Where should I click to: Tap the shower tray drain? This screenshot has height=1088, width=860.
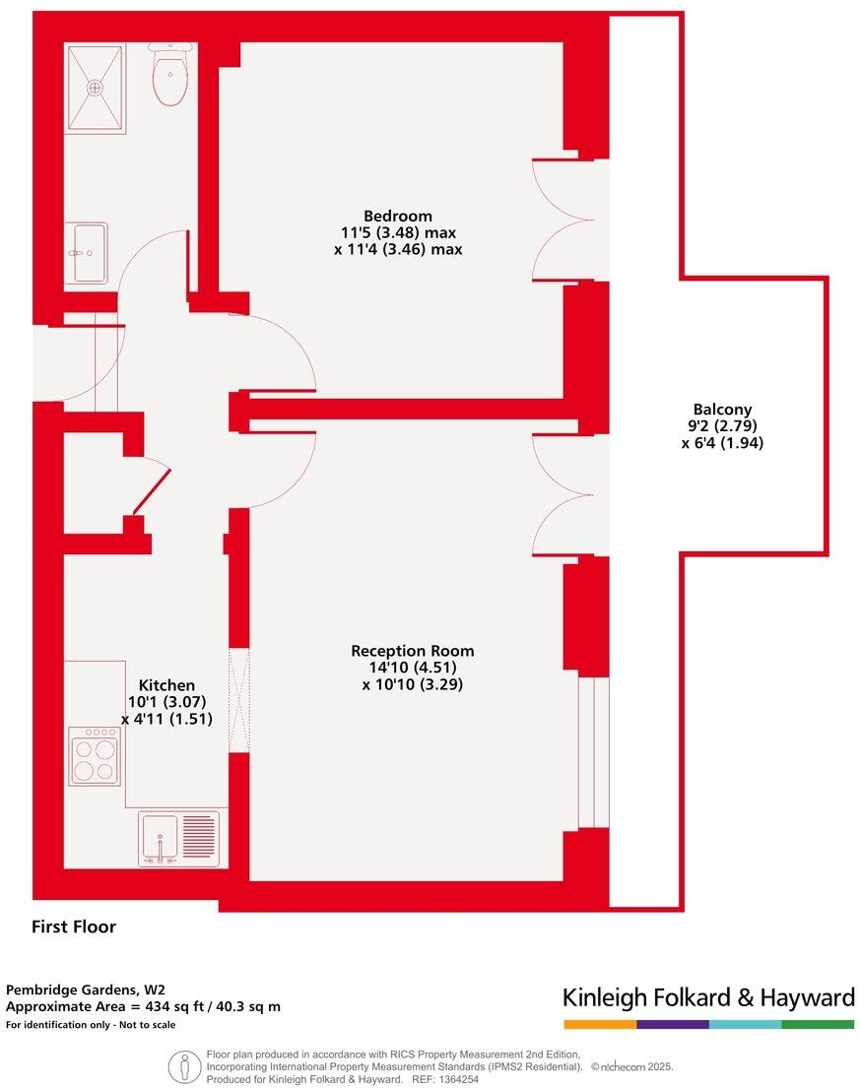[x=96, y=88]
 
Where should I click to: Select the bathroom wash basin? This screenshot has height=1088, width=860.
[x=87, y=253]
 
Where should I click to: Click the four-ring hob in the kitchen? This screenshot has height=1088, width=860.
[x=95, y=756]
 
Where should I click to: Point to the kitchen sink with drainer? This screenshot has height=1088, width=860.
[x=178, y=838]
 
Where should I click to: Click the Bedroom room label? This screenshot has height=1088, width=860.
[x=398, y=216]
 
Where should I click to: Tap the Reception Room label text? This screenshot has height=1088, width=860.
[x=412, y=651]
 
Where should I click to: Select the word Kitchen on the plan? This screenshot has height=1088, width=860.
[x=166, y=685]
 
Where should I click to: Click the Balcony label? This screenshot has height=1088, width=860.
[x=722, y=410]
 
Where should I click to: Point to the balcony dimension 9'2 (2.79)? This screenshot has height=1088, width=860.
[x=722, y=426]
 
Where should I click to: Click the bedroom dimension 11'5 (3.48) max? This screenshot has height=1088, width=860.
[x=398, y=233]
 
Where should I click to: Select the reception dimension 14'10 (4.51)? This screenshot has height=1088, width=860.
[x=412, y=668]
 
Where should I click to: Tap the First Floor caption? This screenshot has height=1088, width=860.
[x=74, y=927]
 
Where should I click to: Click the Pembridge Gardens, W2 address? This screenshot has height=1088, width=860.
[x=85, y=989]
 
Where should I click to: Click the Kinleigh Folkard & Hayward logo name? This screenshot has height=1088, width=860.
[x=707, y=997]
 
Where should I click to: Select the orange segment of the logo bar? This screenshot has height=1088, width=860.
[x=599, y=1025]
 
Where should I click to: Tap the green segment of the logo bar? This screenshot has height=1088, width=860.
[x=818, y=1025]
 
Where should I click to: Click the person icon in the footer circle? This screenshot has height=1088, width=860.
[x=184, y=1067]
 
